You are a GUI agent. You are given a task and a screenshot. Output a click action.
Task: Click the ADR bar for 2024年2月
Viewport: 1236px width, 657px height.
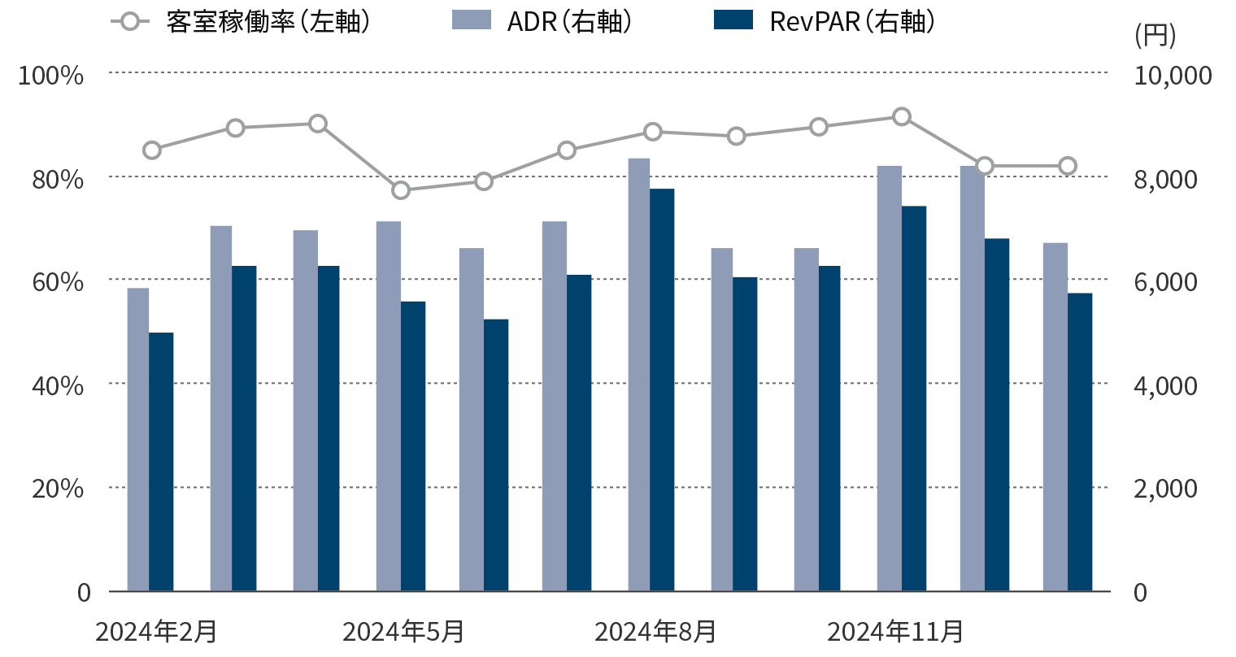coord(138,439)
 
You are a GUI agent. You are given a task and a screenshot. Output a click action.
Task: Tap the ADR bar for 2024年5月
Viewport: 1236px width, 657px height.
coord(388,406)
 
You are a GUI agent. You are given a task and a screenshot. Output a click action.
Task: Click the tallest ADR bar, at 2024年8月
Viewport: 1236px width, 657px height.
coord(638,374)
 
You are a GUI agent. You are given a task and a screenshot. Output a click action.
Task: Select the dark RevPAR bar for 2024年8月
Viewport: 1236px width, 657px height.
coord(662,389)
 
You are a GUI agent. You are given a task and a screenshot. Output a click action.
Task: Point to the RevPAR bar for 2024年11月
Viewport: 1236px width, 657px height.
coord(914,398)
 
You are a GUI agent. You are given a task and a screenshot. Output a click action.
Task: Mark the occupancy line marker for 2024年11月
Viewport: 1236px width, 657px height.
coord(901,117)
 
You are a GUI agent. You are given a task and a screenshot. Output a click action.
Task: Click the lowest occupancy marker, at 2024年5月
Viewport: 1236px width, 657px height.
coord(401,190)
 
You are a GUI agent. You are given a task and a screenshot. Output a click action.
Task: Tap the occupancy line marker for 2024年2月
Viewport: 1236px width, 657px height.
coord(152,150)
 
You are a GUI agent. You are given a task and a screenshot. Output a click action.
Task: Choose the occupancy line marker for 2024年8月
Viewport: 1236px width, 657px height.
coord(652,132)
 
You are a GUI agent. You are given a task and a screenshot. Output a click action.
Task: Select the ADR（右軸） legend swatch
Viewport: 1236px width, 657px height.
coord(472,20)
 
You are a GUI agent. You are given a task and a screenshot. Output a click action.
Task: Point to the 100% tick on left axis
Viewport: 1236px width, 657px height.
coord(51,76)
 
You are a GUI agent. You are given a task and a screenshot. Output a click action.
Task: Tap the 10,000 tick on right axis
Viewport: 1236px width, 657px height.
coord(1173,76)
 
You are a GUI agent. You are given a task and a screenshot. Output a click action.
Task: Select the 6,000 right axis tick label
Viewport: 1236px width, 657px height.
coord(1165,282)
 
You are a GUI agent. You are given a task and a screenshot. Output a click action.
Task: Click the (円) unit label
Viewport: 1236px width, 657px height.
coord(1155,35)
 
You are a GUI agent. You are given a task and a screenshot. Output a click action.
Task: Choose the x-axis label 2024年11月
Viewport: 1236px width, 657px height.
coord(895,631)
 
